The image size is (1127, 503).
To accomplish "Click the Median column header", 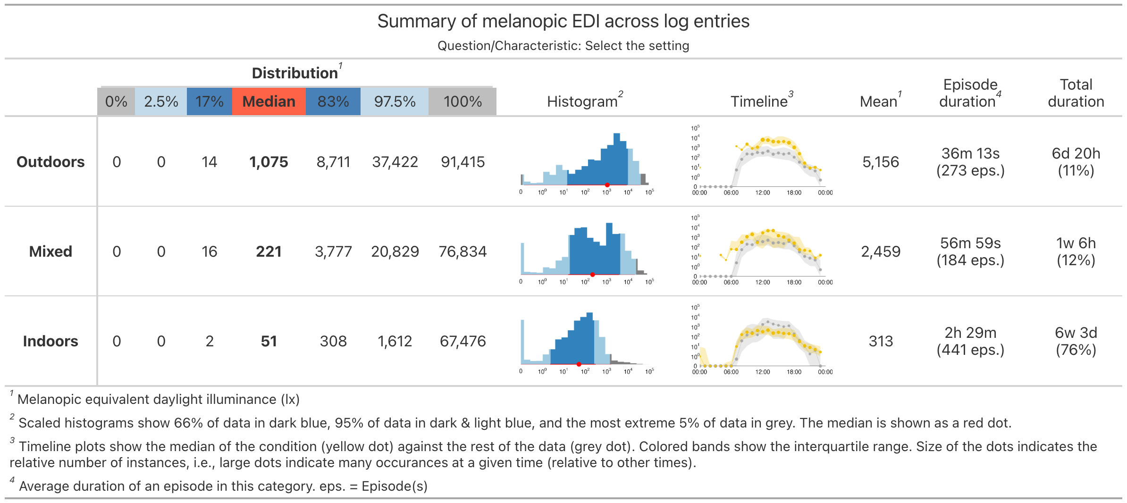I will click(269, 101).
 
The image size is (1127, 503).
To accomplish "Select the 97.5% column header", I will click(395, 101).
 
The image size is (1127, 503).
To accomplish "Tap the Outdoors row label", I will click(50, 162).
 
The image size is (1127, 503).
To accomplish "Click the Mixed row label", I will click(50, 251).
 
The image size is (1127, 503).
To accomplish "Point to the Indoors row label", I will click(50, 341).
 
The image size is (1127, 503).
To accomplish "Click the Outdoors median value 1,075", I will click(269, 162).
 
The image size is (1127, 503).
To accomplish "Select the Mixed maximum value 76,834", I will click(463, 251).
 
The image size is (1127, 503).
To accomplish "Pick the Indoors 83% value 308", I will click(333, 341).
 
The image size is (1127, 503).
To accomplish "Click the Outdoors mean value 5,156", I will click(881, 162).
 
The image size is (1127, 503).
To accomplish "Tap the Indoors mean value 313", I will click(881, 341).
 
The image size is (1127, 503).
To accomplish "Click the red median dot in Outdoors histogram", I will click(607, 185).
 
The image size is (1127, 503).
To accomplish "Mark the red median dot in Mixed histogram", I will click(592, 275).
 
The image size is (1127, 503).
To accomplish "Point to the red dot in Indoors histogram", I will click(579, 364).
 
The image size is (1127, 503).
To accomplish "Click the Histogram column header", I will click(582, 101).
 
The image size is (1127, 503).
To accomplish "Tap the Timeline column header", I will click(759, 101).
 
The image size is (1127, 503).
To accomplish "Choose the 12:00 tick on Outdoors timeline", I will click(763, 193).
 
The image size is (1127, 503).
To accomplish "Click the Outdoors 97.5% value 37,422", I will click(395, 162).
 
